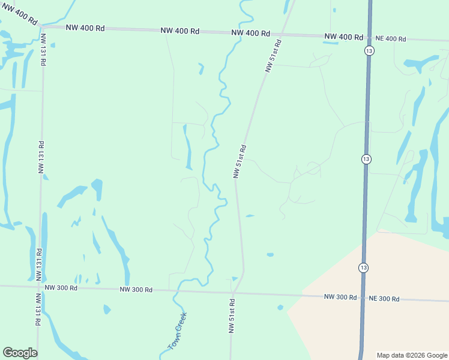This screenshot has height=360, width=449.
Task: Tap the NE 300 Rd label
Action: point(384,298)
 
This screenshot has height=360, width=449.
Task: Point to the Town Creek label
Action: point(178,331)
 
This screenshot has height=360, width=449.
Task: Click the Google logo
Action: point(20,353)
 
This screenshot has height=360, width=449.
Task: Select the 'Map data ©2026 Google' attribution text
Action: point(411,355)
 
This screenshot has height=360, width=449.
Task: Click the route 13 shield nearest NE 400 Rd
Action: point(369,51)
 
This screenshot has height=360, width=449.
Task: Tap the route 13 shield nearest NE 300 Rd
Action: point(364,268)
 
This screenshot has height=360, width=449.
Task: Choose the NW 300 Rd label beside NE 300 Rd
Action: point(340,297)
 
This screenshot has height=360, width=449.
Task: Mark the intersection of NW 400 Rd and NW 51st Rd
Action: point(284,34)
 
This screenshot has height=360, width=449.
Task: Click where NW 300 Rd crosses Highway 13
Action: point(363,298)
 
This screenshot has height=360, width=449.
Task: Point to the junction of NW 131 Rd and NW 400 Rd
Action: point(41,26)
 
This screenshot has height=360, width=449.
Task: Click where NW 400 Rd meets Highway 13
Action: point(369,38)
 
